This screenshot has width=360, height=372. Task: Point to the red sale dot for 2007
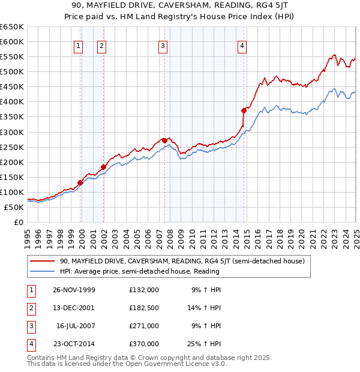coord(164,140)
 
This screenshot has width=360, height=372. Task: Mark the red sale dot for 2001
coord(103,167)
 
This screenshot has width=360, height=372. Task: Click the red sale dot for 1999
coord(80,182)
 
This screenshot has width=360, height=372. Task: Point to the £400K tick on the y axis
coord(13,101)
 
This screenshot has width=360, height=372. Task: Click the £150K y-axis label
coord(13,177)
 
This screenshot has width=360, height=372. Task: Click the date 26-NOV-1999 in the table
coord(74,290)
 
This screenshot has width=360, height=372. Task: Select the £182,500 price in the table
coord(143,308)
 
